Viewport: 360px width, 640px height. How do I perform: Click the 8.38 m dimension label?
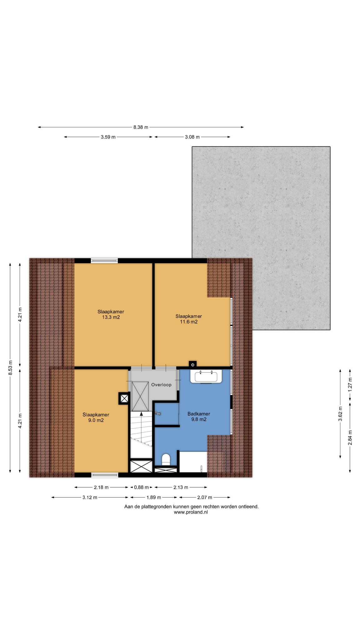tap(141, 127)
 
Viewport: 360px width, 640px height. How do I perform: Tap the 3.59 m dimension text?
tap(108, 137)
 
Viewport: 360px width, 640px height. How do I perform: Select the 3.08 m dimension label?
tap(192, 137)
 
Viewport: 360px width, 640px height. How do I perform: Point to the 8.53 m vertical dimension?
tap(10, 367)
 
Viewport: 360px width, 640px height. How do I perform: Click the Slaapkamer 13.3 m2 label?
tap(111, 314)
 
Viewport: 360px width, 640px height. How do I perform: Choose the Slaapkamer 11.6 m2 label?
tap(188, 319)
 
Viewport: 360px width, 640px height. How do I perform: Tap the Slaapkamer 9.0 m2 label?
tap(96, 417)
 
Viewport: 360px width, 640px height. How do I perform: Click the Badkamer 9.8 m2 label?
tap(199, 417)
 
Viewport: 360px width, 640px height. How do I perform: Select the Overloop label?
tap(161, 385)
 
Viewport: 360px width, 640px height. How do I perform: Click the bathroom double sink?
tap(206, 376)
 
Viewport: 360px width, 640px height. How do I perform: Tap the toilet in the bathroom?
tap(166, 460)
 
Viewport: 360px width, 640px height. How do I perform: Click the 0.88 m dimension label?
tap(141, 487)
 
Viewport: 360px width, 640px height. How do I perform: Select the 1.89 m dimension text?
tap(154, 497)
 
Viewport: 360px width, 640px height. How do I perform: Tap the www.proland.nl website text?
tap(191, 512)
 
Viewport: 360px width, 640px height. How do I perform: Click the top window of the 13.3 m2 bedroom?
tap(104, 260)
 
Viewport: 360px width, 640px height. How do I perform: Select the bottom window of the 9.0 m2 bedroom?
tap(105, 475)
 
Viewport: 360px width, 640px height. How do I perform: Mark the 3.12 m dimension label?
tap(90, 497)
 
